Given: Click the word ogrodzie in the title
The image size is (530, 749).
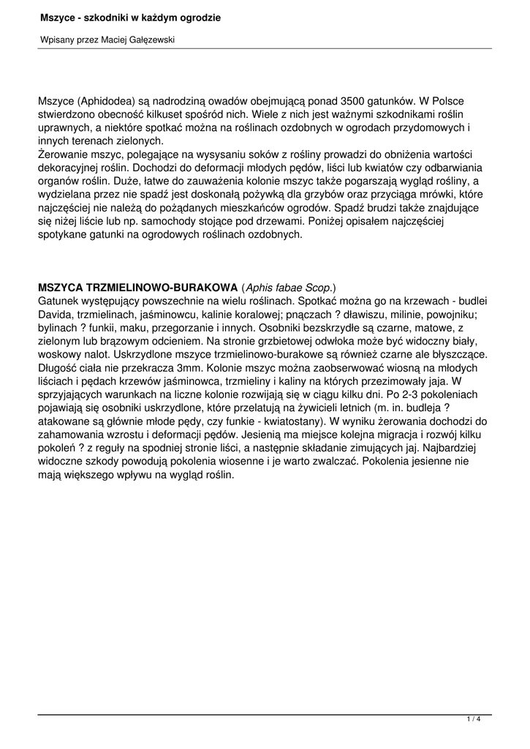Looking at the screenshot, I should click(198, 17).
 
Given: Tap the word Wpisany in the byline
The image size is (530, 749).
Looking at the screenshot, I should click(56, 40).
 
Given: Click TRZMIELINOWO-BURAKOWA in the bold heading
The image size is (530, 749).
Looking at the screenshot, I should click(164, 287).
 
